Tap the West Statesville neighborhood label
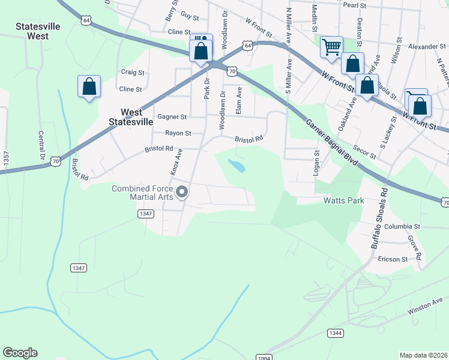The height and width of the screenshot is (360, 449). [133, 117]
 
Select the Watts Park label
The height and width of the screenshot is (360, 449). [343, 200]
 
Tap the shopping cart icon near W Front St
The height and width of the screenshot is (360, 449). [331, 47]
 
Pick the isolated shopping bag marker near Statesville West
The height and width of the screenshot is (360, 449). [89, 86]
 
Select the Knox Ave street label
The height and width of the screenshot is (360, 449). [176, 162]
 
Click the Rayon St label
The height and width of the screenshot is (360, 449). [178, 133]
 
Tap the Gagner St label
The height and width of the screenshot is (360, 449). [172, 117]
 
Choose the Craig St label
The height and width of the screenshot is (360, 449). [133, 73]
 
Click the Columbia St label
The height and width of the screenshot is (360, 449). [402, 226]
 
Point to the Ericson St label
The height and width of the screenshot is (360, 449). [393, 259]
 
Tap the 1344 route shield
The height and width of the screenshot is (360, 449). [335, 332]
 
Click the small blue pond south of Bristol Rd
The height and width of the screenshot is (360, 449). [237, 165]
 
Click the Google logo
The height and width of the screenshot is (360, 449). [20, 353]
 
